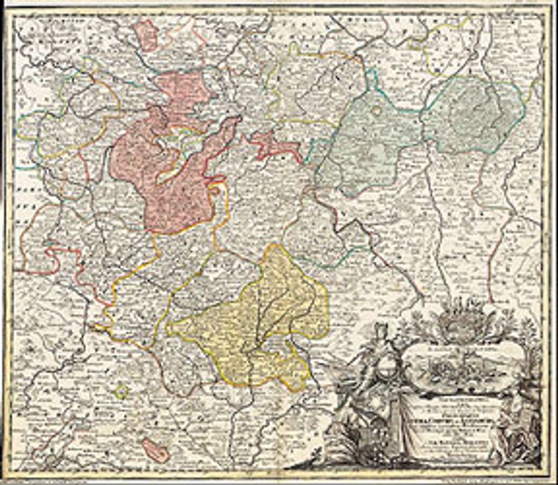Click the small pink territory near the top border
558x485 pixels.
click(146, 35)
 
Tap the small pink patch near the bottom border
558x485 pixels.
click(154, 450)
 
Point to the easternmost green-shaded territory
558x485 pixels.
click(473, 115)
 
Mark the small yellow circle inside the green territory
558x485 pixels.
click(377, 110)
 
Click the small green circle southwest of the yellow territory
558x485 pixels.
click(122, 391)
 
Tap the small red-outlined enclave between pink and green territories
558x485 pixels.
click(276, 145)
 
